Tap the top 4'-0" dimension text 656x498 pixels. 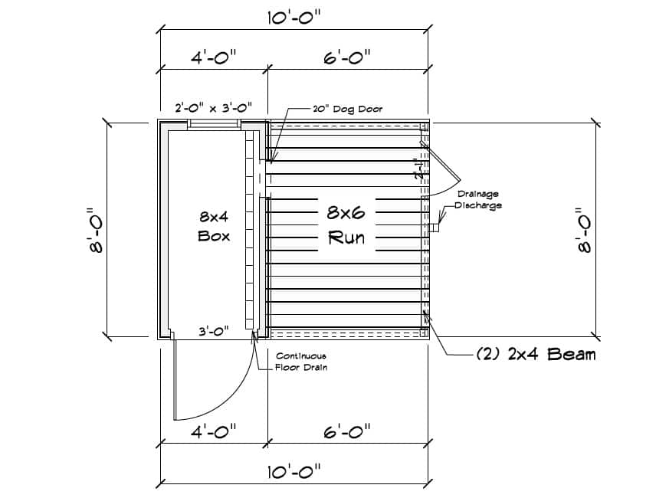[x=213, y=57]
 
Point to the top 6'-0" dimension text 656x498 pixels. [x=346, y=57]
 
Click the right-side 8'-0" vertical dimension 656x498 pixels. [x=584, y=231]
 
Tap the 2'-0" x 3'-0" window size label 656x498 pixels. [x=213, y=108]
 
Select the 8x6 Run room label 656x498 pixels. [x=346, y=224]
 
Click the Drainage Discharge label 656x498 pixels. [x=478, y=199]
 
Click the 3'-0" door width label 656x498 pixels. [x=214, y=332]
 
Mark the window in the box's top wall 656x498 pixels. [x=215, y=123]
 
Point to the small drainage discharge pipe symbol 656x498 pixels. [x=436, y=228]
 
